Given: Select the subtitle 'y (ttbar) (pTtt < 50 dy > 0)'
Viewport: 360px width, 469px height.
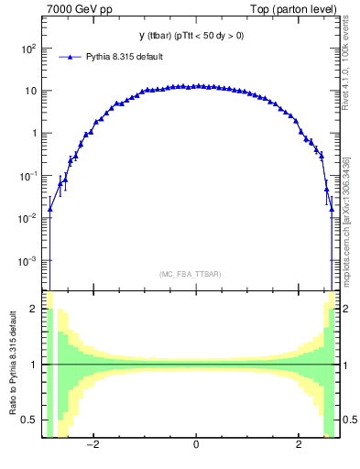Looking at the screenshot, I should pos(191,36).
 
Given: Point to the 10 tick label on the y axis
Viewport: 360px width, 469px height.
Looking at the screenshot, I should pos(30,91).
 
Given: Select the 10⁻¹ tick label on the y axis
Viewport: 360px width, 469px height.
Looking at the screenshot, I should pos(27,176).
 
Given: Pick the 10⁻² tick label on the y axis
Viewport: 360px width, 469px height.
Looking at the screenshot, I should pos(27,218).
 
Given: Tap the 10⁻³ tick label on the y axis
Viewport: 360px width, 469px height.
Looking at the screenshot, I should pos(27,261).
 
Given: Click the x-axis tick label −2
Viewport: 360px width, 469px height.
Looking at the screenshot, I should pos(92,445).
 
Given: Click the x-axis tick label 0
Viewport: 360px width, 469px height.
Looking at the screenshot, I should pos(196,445).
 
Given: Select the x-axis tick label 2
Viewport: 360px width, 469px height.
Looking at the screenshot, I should pos(299,445).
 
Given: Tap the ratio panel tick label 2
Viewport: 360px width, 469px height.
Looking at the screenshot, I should pos(35,310).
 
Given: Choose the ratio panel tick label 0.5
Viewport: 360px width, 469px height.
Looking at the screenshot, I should pos(30,420).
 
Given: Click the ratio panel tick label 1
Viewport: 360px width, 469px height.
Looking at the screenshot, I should pos(35,365).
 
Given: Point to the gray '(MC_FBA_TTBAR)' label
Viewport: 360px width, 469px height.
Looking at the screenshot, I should pos(191,274).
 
